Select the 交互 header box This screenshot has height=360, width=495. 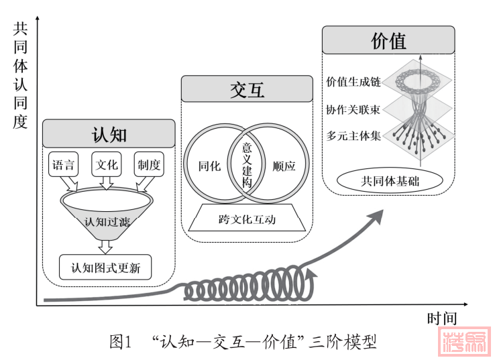[246, 89]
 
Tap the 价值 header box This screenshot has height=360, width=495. [388, 41]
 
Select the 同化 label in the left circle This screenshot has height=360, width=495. [210, 166]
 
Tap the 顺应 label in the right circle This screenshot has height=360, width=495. [284, 166]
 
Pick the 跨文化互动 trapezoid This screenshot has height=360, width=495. [247, 219]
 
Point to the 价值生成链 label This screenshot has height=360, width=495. [353, 82]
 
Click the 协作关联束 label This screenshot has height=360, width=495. [353, 109]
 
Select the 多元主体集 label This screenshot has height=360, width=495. [353, 135]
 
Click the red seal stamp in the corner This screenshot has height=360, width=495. [463, 342]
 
